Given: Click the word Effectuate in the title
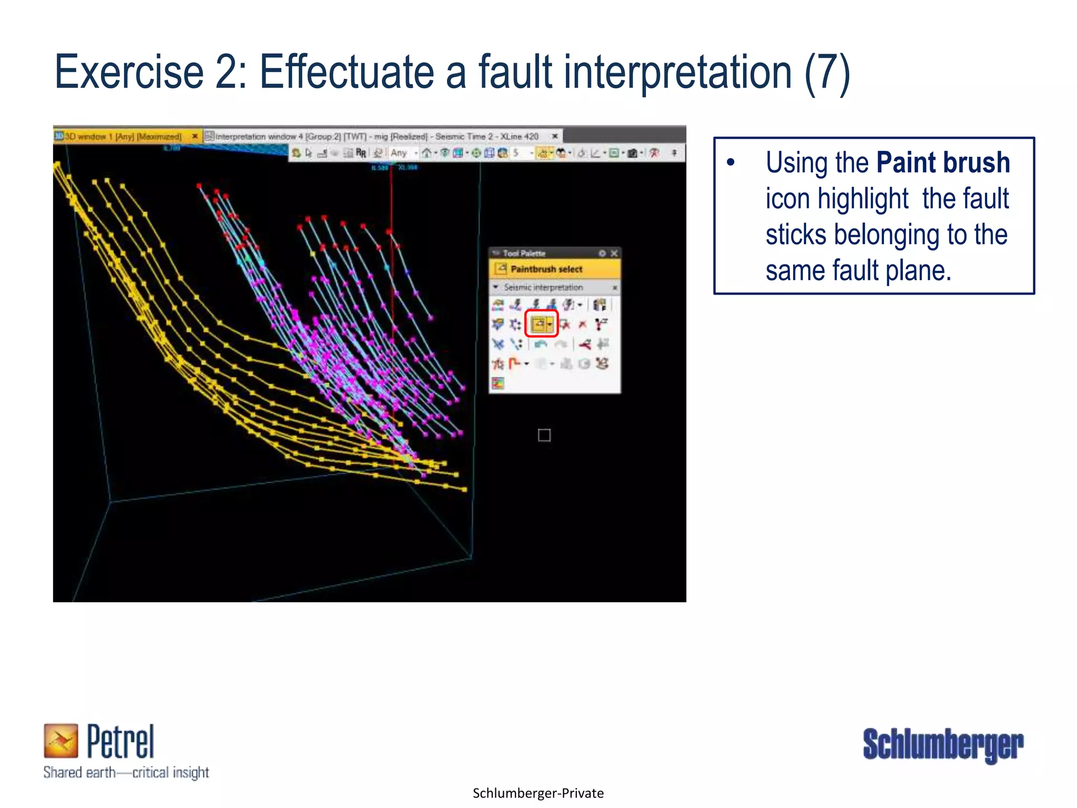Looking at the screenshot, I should [347, 73].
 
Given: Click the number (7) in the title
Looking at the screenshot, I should [827, 74].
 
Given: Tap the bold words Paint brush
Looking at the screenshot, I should [943, 163].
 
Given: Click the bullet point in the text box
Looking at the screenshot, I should [730, 163].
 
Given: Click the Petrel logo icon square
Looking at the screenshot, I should [60, 740].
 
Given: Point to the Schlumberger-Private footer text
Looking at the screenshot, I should [538, 793].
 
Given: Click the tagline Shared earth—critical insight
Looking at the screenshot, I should [126, 772].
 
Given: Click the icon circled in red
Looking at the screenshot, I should [540, 324].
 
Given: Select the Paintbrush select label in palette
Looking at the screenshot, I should [546, 269].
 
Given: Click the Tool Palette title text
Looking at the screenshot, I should [524, 254].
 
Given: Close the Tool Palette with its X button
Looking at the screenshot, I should [614, 254].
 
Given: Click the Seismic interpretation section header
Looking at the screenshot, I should [543, 287].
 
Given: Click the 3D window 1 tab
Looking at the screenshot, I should [123, 137].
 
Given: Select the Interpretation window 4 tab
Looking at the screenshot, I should [377, 137].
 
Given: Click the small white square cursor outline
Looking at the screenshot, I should [544, 435].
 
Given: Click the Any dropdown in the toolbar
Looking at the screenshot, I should [403, 153].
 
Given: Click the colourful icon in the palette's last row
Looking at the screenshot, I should [497, 383].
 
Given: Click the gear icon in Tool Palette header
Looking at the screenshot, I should [602, 254].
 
